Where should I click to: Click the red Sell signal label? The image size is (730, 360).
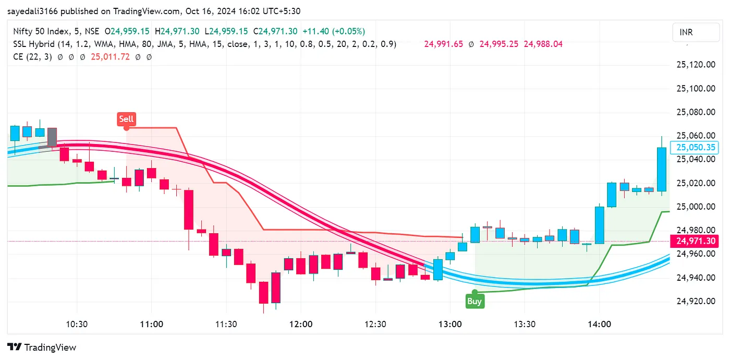(x=126, y=119)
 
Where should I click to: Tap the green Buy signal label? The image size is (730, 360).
(x=475, y=301)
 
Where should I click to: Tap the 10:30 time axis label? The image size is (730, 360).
(x=77, y=324)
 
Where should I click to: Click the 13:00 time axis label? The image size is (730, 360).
(x=450, y=324)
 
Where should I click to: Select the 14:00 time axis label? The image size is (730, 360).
(x=599, y=324)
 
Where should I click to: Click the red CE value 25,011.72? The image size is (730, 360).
(x=111, y=57)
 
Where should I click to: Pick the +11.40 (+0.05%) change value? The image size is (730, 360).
(x=334, y=31)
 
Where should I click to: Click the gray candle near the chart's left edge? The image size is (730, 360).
(x=52, y=137)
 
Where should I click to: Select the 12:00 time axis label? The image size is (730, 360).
(x=301, y=324)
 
